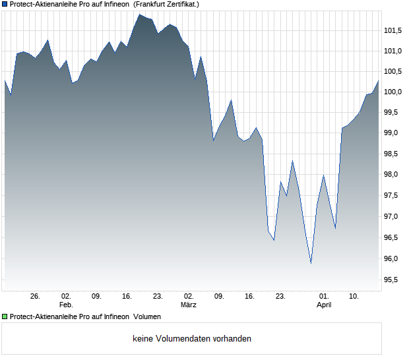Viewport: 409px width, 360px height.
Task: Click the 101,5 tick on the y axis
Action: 393,30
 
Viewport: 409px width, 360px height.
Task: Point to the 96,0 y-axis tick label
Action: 393,259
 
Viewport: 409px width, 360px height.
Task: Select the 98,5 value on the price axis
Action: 393,154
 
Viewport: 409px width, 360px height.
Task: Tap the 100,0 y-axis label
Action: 393,92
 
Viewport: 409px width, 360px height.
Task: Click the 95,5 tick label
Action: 393,280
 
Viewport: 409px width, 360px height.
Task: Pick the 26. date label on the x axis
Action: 36,297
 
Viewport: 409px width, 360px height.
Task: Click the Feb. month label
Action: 66,305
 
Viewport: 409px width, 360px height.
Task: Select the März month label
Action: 189,305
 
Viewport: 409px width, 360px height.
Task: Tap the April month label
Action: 324,305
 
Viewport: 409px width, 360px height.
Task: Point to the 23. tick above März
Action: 158,297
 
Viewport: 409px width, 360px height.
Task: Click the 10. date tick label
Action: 354,297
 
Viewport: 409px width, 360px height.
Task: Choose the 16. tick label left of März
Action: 127,297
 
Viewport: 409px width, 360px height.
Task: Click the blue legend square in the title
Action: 5,4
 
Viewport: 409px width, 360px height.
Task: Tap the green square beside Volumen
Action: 5,316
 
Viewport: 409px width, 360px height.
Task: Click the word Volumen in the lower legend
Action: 147,316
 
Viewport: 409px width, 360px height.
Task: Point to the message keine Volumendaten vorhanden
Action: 192,339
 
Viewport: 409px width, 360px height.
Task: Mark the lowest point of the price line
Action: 311,263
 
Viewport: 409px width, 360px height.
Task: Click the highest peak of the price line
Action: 139,15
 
